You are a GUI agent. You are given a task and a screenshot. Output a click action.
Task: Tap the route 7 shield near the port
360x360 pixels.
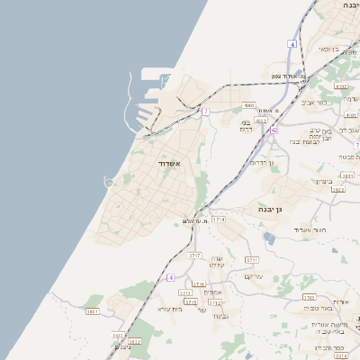point(205,112)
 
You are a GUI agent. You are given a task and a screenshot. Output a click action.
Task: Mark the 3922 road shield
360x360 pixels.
point(338,190)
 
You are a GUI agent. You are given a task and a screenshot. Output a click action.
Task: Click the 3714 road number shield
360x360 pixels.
point(219,220)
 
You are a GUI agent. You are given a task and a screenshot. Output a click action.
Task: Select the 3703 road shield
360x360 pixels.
point(309,296)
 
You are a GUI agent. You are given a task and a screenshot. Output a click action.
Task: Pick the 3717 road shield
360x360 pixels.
point(193,256)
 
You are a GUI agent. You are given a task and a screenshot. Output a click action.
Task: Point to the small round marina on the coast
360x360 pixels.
point(109,183)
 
